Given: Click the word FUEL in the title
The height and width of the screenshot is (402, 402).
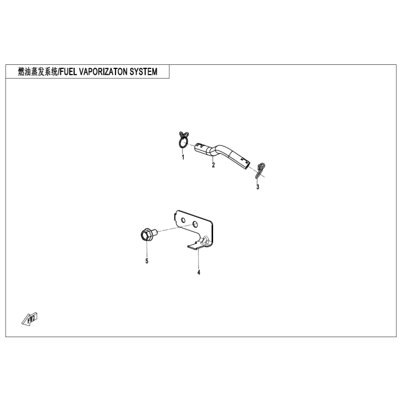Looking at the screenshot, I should coord(70,72).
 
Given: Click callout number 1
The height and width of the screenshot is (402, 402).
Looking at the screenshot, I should coord(183,157).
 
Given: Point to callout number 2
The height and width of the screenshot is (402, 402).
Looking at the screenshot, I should coord(213,165).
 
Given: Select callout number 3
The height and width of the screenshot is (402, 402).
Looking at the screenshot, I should coord(258,187).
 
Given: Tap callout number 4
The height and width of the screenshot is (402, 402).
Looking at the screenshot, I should coord(199,272).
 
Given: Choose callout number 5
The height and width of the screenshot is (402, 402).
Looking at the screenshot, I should coord(146,261).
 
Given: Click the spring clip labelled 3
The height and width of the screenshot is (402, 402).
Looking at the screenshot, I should coord(260,170).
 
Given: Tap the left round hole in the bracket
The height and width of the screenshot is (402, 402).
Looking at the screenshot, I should coord(184,220).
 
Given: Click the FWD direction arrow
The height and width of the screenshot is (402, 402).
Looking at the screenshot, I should coord(30,317).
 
